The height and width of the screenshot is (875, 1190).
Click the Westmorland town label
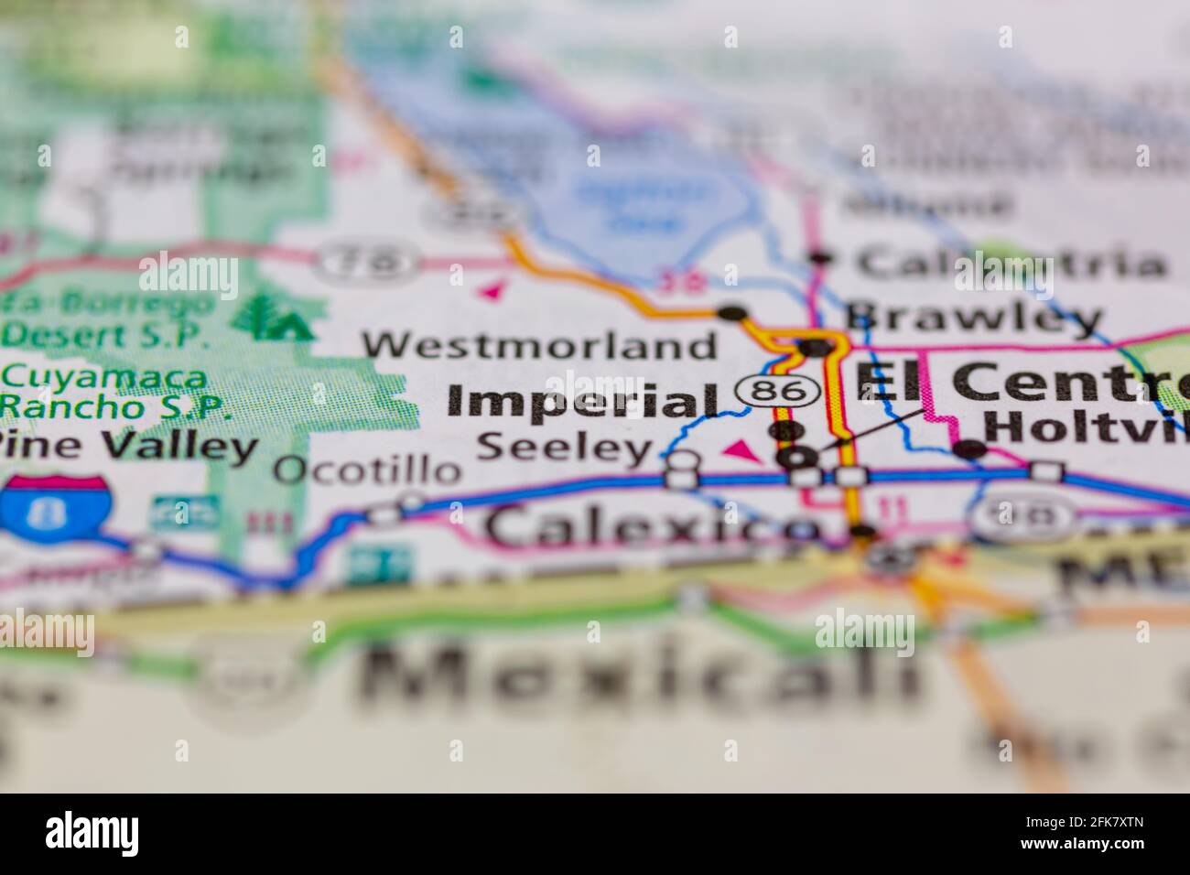(540, 346)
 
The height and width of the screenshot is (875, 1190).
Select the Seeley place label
(566, 448)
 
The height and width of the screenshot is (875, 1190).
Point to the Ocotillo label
(367, 470)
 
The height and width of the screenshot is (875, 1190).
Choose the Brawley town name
(972, 318)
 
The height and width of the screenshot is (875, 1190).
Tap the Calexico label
(652, 527)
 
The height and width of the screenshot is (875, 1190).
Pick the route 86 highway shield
(777, 392)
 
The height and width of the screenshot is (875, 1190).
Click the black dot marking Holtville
(969, 449)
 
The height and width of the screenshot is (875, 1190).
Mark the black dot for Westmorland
(731, 313)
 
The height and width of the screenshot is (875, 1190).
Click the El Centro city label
(1021, 381)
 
